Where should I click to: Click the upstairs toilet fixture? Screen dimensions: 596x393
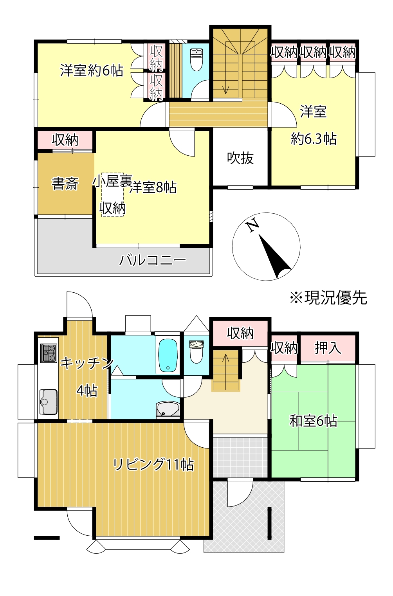(196, 60)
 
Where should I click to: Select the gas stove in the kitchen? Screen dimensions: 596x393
(49, 353)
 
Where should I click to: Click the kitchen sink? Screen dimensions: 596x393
(48, 401)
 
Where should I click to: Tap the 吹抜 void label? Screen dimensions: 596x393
(240, 158)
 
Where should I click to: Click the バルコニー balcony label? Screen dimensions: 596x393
(153, 260)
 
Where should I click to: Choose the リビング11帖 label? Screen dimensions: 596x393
(153, 465)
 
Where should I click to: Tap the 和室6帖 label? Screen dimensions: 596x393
(313, 421)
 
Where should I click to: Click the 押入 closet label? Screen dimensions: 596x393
(328, 348)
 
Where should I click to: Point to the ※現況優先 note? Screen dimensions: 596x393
(328, 298)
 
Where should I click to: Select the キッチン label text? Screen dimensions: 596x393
(87, 363)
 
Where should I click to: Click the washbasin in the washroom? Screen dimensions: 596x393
(168, 409)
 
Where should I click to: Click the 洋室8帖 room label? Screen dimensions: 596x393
(153, 187)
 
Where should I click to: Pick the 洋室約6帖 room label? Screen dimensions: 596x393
(92, 70)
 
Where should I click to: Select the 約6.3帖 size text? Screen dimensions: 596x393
(314, 139)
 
